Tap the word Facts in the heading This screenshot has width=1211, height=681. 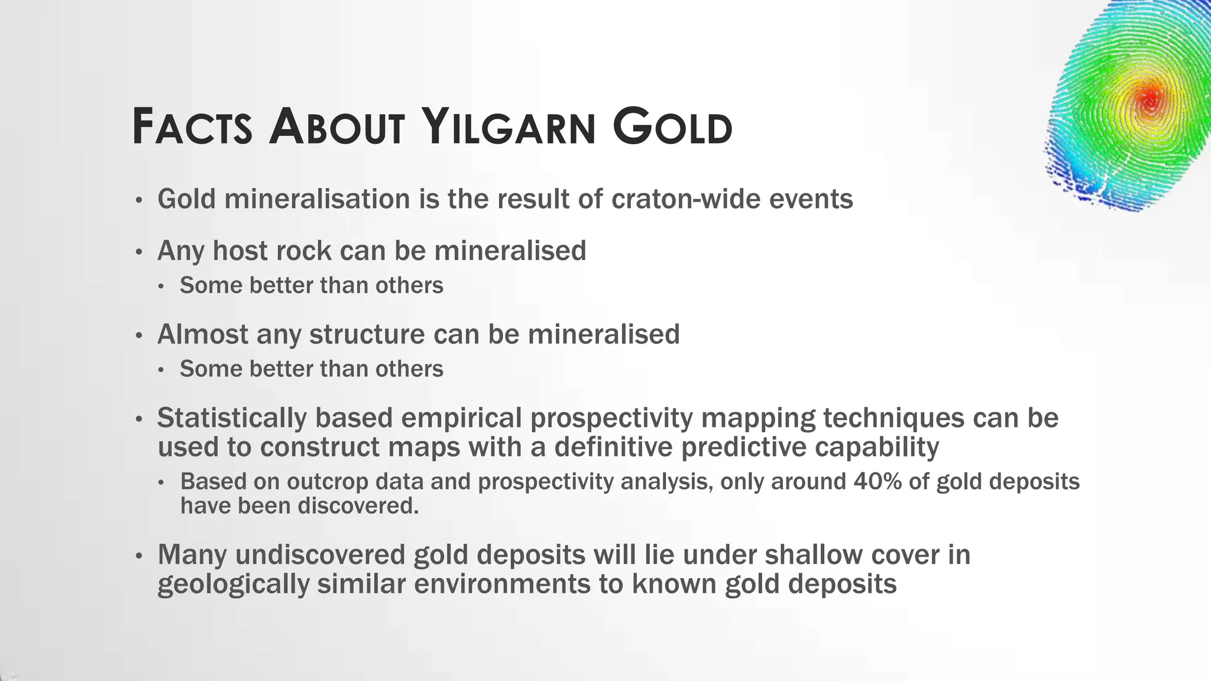point(192,127)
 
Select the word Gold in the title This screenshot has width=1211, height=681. point(672,127)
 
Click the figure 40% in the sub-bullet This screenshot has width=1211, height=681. point(878,482)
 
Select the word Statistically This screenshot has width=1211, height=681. point(231,419)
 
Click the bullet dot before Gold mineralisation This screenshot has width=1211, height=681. point(139,200)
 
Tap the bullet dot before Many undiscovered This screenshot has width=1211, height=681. point(139,556)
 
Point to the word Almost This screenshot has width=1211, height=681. point(203,335)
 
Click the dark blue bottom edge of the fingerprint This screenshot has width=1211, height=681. point(1112,204)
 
